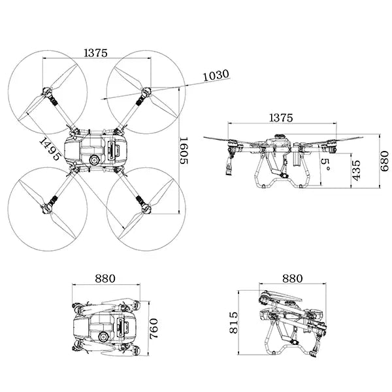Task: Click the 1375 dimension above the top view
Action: [x=95, y=54]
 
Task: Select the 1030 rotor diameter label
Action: [x=216, y=75]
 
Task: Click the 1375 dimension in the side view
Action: [x=281, y=118]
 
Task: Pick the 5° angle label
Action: [x=325, y=161]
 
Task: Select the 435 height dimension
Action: [x=356, y=169]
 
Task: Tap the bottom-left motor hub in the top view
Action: [x=46, y=208]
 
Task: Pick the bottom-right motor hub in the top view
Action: [x=145, y=208]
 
